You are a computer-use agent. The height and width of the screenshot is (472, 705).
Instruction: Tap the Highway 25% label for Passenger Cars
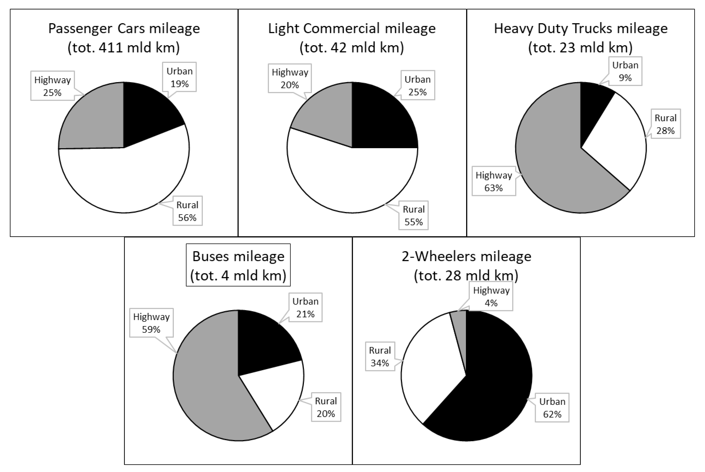coord(52,86)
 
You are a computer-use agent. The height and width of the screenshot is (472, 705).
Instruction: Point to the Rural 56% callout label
coord(187,211)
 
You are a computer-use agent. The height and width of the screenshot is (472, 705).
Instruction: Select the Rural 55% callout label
coord(413,216)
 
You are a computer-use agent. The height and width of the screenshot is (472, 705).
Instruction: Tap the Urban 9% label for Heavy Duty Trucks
coord(625,71)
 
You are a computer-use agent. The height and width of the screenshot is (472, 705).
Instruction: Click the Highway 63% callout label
coord(494,181)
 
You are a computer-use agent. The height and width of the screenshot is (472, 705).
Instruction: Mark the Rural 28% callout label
coord(665,124)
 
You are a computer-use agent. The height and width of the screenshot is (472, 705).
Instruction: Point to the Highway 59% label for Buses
coord(151,323)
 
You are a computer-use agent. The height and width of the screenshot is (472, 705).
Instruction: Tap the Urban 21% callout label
coord(305,307)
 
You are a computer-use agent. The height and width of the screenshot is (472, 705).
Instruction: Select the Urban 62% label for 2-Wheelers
coord(552,408)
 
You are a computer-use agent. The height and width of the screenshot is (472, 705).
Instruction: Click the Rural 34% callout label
coord(380,356)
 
